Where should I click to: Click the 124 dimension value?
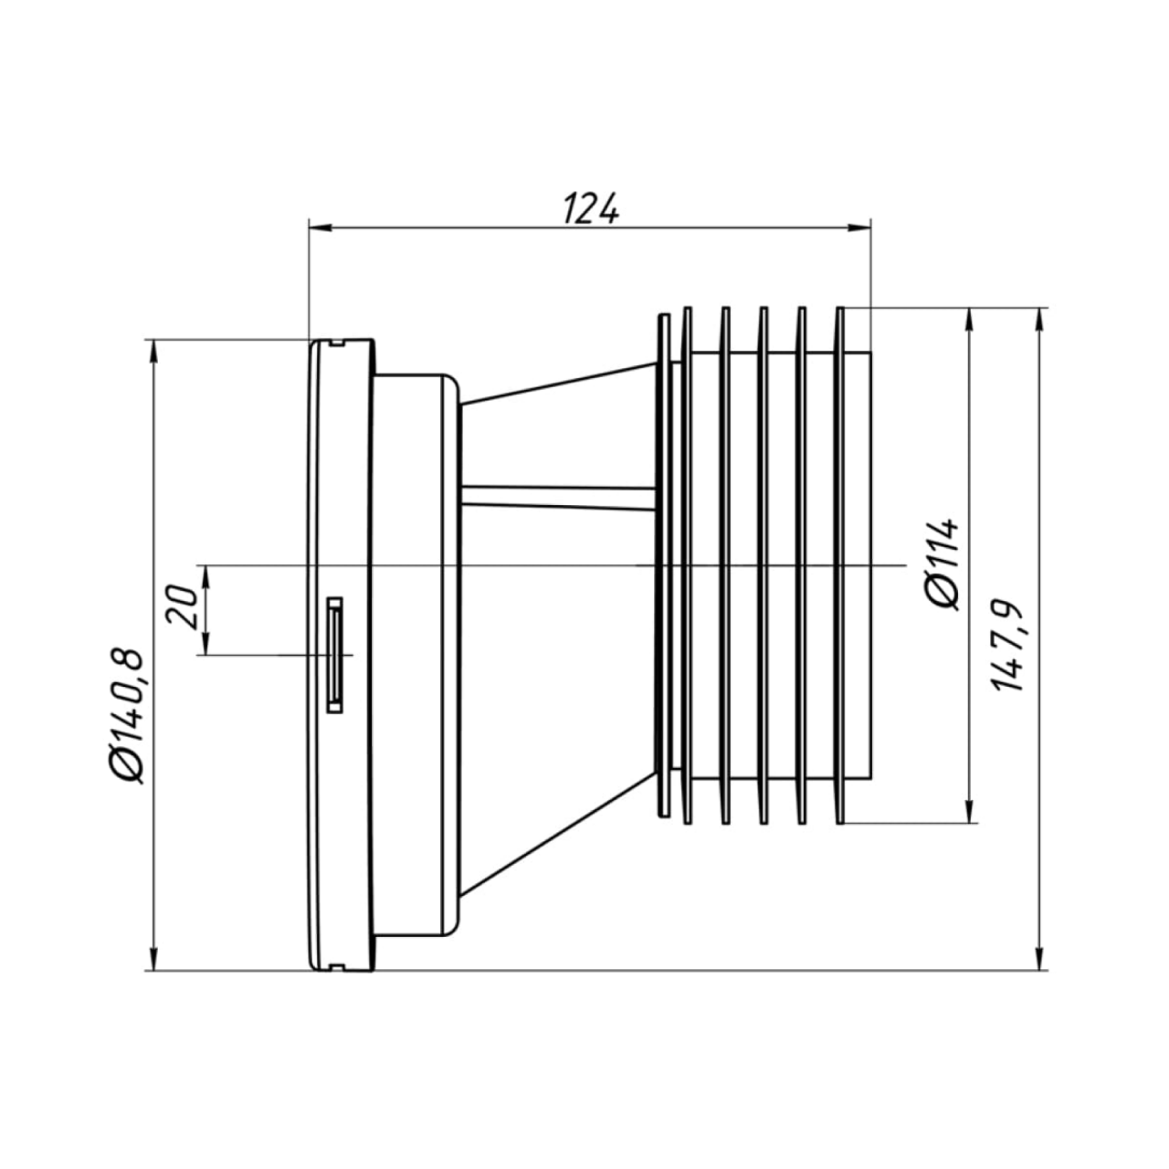(590, 208)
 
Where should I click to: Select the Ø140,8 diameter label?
(128, 716)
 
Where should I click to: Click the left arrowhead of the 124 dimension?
(321, 227)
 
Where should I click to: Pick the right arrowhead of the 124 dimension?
(859, 227)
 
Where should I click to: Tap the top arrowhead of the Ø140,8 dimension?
(154, 352)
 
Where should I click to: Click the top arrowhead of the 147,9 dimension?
(1040, 321)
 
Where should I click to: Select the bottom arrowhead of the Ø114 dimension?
(969, 811)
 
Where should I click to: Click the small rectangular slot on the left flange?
(334, 655)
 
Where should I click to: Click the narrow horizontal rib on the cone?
(558, 496)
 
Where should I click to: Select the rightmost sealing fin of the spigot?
(840, 565)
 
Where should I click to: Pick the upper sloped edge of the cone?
(559, 384)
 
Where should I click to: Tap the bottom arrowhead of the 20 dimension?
(206, 643)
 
